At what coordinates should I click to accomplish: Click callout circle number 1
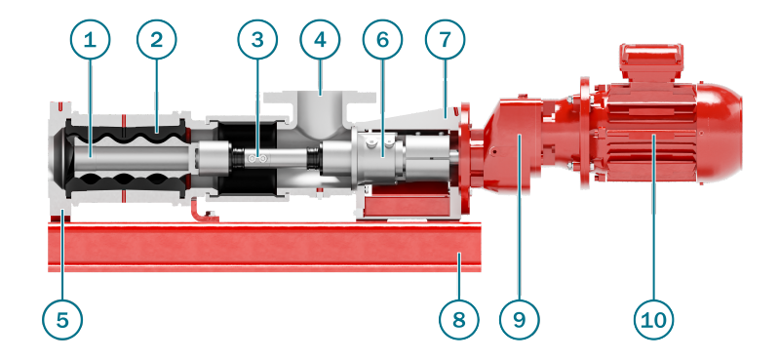90,39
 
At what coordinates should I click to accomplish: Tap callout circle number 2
157,39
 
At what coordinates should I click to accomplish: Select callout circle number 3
257,39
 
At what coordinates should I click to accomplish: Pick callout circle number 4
321,39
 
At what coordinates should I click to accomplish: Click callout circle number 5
62,319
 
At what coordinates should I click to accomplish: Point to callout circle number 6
382,39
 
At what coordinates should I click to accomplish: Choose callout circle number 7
446,39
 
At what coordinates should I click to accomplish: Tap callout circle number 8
459,319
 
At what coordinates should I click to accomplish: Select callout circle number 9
519,319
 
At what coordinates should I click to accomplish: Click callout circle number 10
653,319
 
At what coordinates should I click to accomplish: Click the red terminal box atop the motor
651,62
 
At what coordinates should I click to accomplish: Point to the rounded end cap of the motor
721,134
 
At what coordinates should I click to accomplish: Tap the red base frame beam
264,248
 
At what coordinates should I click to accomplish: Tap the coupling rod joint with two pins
257,159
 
